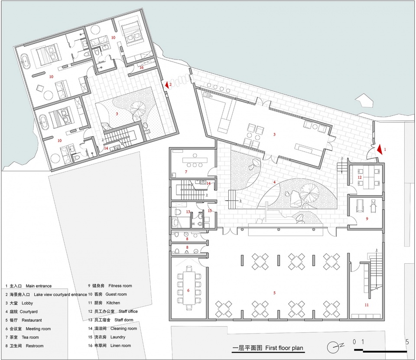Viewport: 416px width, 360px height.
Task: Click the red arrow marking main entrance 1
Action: click(380, 149)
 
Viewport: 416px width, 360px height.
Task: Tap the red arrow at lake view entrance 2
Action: click(167, 85)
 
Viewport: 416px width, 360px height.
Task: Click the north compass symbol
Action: click(334, 347)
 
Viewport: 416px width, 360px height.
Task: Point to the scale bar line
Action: click(380, 351)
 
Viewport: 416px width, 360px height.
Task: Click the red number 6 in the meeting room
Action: click(188, 290)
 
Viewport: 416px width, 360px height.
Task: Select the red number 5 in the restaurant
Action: click(274, 293)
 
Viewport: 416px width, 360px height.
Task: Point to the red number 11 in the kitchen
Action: click(367, 305)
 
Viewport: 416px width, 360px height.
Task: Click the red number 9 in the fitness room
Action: click(367, 219)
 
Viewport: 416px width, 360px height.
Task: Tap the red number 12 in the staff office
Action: click(360, 177)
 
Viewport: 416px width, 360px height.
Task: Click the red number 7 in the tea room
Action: click(186, 172)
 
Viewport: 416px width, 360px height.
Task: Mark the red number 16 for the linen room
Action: click(141, 67)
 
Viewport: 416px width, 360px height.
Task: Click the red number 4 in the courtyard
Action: click(274, 182)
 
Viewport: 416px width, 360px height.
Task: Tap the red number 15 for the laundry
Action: click(210, 210)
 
